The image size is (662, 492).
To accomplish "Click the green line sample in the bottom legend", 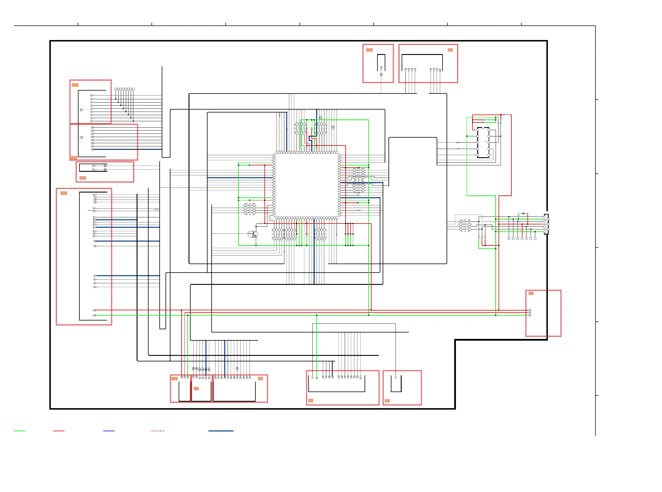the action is pos(20,431).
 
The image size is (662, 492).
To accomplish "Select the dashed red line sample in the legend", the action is pos(157,431).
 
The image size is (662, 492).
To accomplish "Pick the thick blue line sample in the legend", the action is pos(221,431).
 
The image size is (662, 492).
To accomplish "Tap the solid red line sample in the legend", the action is pos(59,431).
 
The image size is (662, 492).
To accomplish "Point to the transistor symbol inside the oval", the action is pos(252,234).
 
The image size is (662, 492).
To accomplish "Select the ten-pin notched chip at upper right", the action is pos(483,143).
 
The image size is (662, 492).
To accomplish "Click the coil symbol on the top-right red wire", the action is pos(507,115).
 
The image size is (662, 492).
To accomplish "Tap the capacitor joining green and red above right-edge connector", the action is pos(523,214).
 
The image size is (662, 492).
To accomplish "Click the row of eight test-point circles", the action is pos(124,89).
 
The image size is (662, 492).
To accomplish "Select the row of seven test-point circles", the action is pos(522,239).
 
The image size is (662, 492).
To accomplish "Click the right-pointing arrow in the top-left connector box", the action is pos(81,110).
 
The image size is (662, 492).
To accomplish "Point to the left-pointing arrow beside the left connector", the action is pos(81,138).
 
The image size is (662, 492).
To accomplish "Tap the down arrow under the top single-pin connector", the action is pos(381,75).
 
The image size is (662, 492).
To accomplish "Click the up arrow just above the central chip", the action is pos(320,117).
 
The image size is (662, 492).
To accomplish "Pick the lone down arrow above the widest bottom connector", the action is pos(237,369).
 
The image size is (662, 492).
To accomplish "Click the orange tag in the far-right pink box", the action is pos(531,294).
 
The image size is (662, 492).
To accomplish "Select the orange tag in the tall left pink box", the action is pos(64,193).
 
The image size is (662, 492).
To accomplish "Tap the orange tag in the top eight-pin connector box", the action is pos(450,50).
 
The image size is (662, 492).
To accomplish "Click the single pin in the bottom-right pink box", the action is pos(396,377).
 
